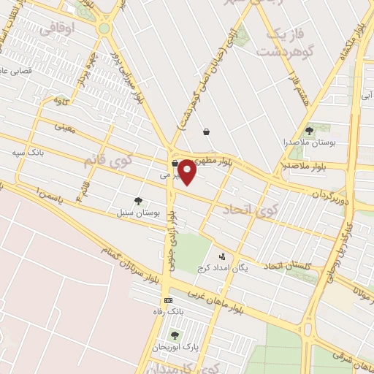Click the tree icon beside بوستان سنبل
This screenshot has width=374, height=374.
[x=137, y=200]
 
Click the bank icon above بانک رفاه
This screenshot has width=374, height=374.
[x=169, y=301]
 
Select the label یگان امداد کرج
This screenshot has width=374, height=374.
[x=224, y=269]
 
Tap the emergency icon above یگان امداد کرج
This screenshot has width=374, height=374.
[x=222, y=256]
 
